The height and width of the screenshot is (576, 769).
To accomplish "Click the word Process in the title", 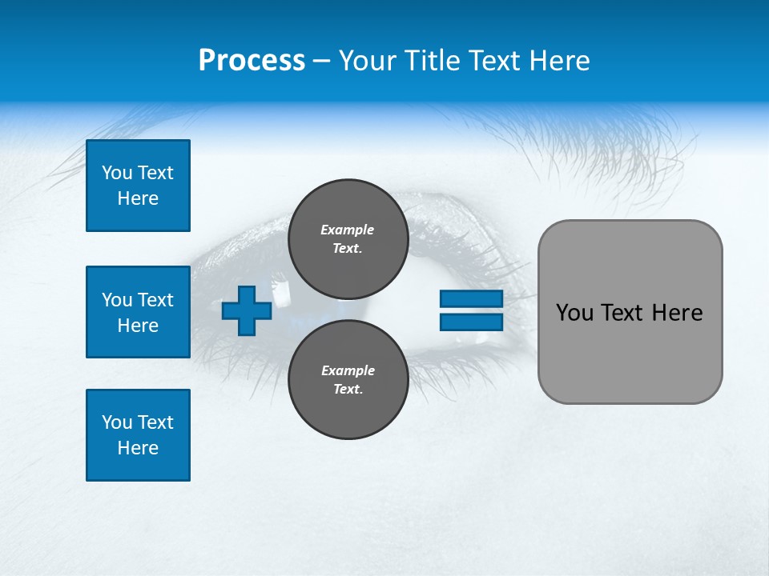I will coord(252,61).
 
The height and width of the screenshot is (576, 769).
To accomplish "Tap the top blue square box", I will coord(138,186).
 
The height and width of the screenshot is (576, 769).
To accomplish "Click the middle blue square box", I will coord(138,312).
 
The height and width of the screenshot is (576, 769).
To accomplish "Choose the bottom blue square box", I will coord(138,435).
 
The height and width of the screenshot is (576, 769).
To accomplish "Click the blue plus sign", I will coord(247,310).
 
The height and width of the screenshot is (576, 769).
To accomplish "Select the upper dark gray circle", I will coord(348,239).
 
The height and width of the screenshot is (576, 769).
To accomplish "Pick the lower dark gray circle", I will coord(348,380).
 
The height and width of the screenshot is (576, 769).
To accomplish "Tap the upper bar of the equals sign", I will coord(471,298).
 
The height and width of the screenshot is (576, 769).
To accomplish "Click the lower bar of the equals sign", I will coord(471,322).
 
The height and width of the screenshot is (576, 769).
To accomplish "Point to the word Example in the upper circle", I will coord(348,230).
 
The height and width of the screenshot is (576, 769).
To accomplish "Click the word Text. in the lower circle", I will coord(348,390).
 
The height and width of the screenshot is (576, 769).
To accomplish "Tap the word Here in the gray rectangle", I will coord(677,313).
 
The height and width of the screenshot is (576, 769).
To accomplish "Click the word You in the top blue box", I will coord(117,173).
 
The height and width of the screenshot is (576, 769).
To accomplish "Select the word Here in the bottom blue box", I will coord(138,449).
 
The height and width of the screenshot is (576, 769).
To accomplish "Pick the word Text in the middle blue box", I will coord(155,300).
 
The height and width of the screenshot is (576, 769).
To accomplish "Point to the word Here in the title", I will coord(560,61).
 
